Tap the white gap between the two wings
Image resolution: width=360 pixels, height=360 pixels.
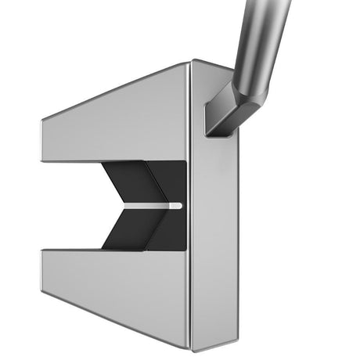tap(70, 206)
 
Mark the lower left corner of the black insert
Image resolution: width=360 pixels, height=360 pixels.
tap(102, 249)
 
